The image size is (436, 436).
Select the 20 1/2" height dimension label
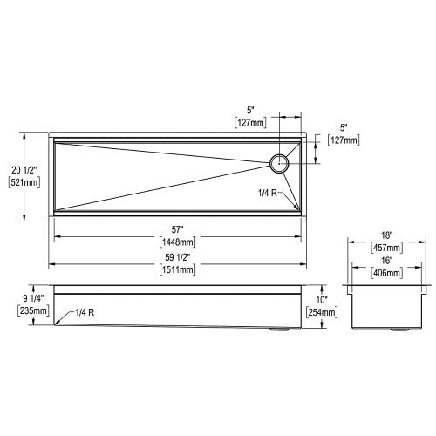[x=24, y=170]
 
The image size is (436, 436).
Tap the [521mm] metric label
[x=24, y=182]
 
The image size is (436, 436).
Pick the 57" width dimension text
[x=176, y=230]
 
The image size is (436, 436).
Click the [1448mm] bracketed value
[x=177, y=242]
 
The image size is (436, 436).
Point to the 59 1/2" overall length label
[x=177, y=257]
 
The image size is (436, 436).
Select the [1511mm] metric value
[x=177, y=269]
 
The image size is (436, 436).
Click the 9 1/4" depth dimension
[x=33, y=298]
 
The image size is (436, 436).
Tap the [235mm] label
[x=33, y=310]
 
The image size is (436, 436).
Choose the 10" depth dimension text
[x=322, y=300]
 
